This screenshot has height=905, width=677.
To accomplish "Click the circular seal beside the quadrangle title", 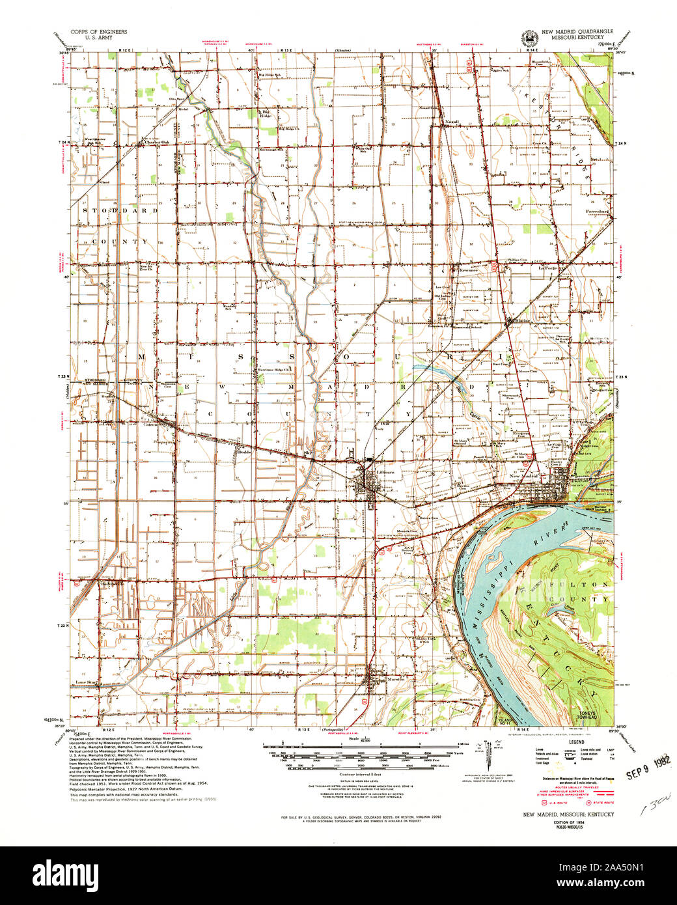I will (522, 38).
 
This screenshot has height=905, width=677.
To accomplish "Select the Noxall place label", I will (452, 122).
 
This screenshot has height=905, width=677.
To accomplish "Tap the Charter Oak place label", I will (156, 142).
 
